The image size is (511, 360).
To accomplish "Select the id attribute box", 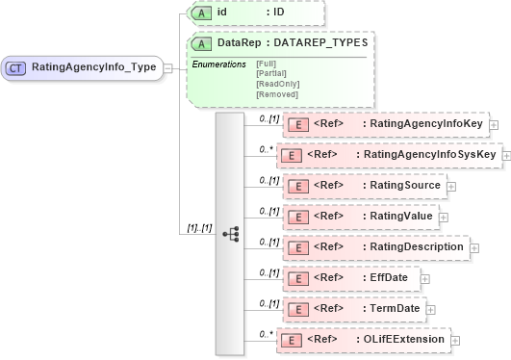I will tap(255, 13).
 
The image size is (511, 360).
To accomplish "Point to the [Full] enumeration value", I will tap(267, 64).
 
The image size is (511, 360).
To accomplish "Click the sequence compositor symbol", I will tap(231, 234).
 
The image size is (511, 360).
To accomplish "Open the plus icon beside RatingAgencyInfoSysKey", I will tap(506, 155).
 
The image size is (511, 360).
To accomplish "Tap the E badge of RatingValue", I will tap(300, 217).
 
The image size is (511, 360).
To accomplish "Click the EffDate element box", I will tap(352, 278).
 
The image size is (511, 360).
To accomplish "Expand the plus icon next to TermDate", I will tap(431, 309).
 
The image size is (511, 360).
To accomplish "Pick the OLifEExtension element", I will tap(364, 340).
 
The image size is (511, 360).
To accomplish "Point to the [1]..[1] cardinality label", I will tap(198, 228).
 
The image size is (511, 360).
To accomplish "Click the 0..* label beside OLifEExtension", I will tap(266, 333).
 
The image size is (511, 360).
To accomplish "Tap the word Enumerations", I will tap(220, 64).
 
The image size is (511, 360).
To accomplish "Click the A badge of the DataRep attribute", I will tap(202, 44).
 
